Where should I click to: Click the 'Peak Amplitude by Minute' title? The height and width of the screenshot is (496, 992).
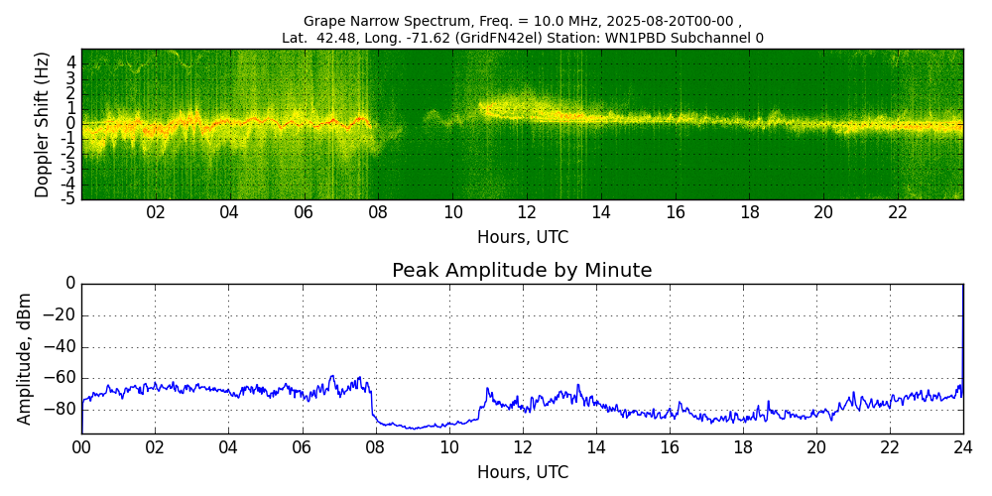[522, 271]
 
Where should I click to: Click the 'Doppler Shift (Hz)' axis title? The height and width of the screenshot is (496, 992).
[42, 124]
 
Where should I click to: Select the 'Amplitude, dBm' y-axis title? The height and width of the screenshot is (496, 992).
[26, 358]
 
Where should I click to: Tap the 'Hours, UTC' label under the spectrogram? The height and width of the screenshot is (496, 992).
[522, 238]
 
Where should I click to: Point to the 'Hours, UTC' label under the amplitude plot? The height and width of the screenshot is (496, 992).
[522, 472]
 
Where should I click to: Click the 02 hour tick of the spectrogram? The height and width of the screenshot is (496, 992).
[156, 212]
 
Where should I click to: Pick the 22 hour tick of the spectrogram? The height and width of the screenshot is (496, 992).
[898, 212]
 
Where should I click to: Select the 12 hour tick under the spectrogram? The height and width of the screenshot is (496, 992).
[527, 212]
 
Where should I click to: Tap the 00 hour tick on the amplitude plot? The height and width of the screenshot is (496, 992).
[81, 447]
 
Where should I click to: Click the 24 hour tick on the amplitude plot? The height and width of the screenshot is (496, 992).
[963, 447]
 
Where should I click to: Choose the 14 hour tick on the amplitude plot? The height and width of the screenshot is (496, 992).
[595, 447]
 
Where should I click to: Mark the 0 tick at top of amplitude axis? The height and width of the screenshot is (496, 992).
[69, 284]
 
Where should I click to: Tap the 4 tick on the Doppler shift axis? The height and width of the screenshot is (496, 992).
[71, 62]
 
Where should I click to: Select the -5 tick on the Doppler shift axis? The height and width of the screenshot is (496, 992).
[68, 198]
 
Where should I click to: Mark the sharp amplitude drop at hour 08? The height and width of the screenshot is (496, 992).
[372, 402]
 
